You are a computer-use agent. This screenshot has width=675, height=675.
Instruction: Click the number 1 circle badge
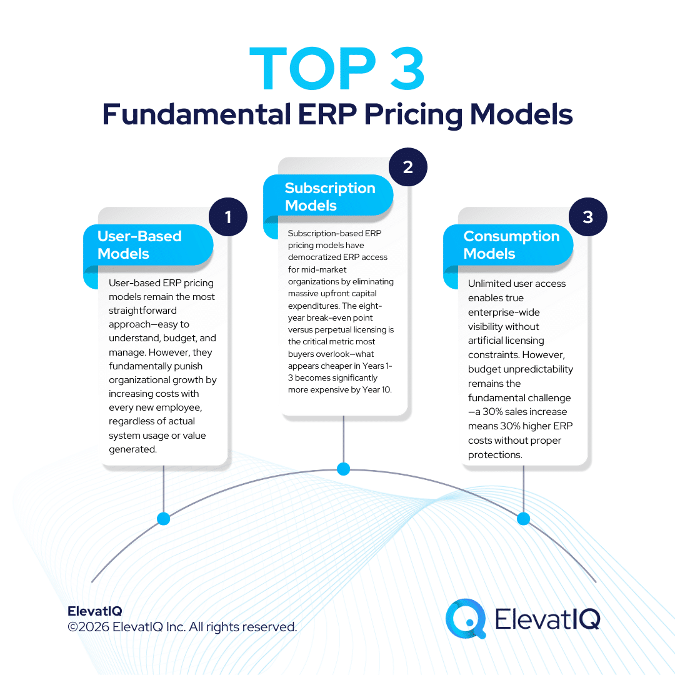pos(228,217)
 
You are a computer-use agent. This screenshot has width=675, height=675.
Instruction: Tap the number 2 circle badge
pos(407,167)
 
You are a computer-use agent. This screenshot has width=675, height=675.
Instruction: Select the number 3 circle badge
pos(587,217)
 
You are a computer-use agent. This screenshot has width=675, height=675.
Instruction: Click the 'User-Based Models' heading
pos(139,245)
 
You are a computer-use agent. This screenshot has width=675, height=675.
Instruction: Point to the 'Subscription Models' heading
pos(329,197)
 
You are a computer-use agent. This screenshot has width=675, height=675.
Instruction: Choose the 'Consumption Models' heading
pos(511,245)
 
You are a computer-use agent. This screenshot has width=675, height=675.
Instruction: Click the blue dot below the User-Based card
pos(163,518)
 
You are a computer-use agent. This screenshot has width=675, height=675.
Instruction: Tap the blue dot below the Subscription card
pos(343,468)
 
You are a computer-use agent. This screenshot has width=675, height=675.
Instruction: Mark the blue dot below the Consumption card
pos(523,518)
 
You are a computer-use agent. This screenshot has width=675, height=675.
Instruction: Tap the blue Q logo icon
pos(466,618)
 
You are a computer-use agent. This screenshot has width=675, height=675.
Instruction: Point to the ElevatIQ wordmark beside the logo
pos(547,618)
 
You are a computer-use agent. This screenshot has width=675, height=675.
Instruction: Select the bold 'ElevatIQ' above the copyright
pos(94,611)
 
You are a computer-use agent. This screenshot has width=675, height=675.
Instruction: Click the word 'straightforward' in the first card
pos(142,311)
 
